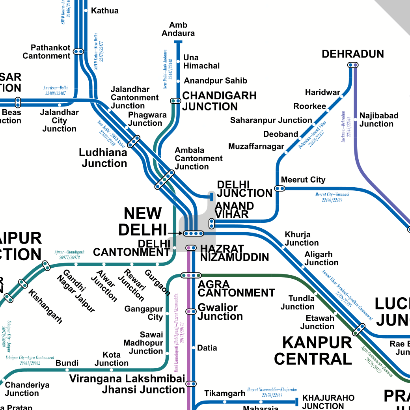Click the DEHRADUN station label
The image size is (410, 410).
pyautogui.click(x=352, y=54)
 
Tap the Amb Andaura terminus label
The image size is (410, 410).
pyautogui.click(x=178, y=29)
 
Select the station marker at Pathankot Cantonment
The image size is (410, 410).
pyautogui.click(x=79, y=52)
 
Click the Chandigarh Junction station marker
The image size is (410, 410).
pyautogui.click(x=175, y=101)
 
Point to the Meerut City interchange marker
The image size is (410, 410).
pyautogui.click(x=280, y=188)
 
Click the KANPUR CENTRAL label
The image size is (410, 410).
pyautogui.click(x=313, y=350)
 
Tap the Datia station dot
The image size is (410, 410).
pyautogui.click(x=194, y=348)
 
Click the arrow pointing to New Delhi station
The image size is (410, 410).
pyautogui.click(x=174, y=233)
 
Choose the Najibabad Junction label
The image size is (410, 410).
pyautogui.click(x=378, y=120)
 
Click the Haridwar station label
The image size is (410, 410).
pyautogui.click(x=322, y=92)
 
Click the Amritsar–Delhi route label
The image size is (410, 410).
pyautogui.click(x=55, y=91)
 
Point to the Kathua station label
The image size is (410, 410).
pyautogui.click(x=104, y=11)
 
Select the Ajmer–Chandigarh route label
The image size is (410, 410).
pyautogui.click(x=69, y=255)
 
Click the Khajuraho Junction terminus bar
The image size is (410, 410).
pyautogui.click(x=296, y=402)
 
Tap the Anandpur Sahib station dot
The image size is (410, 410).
pyautogui.click(x=178, y=81)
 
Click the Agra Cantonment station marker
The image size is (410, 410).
pyautogui.click(x=191, y=275)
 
